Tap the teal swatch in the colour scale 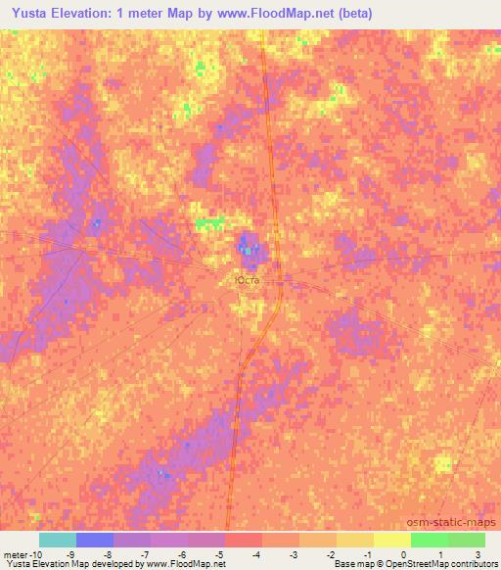tap(58, 540)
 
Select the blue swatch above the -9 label tap(95, 540)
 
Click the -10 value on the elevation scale tap(37, 555)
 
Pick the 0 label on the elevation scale tap(403, 555)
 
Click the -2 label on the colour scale tap(330, 555)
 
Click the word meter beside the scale tap(15, 555)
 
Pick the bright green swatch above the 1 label tap(430, 540)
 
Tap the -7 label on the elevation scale tap(144, 555)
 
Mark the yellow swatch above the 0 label tap(392, 540)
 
